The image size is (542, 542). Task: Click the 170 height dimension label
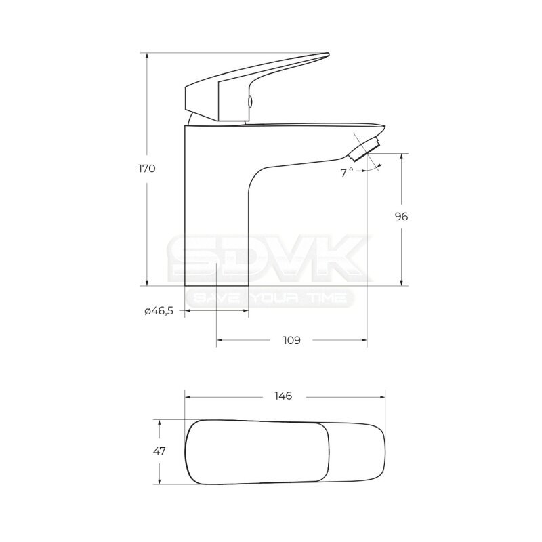pos(147,169)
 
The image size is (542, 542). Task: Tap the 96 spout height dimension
pos(401,217)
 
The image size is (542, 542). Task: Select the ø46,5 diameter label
pos(159,311)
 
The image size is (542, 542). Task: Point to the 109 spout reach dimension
pos(292,340)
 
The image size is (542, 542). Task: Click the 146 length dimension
pos(283,396)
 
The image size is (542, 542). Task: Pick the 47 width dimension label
pos(159,451)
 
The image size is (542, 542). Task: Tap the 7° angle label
pos(346,173)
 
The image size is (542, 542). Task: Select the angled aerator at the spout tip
pos(364,148)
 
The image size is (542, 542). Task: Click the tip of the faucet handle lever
pos(329,54)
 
